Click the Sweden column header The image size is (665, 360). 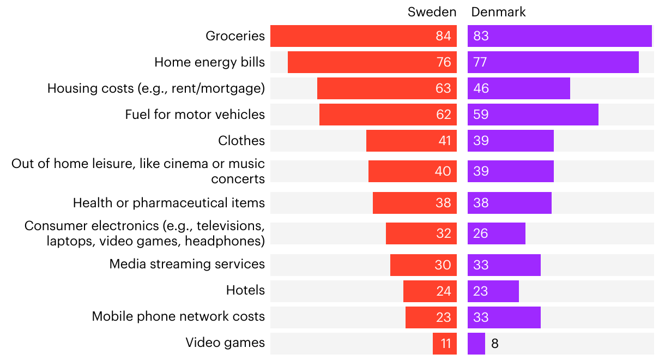(x=432, y=12)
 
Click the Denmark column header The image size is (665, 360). (x=498, y=12)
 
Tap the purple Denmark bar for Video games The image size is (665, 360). (x=476, y=344)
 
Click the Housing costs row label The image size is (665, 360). (x=156, y=88)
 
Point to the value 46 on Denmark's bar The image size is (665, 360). (x=481, y=88)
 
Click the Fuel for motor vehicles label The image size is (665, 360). (x=195, y=115)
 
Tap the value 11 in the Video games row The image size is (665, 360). (x=445, y=344)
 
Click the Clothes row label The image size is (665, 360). (x=241, y=141)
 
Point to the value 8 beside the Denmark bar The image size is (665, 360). (x=494, y=344)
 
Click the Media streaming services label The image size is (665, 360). (x=187, y=265)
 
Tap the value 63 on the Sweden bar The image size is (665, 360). (x=443, y=88)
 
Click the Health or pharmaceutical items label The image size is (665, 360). (x=169, y=203)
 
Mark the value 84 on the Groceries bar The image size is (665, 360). (x=443, y=36)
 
